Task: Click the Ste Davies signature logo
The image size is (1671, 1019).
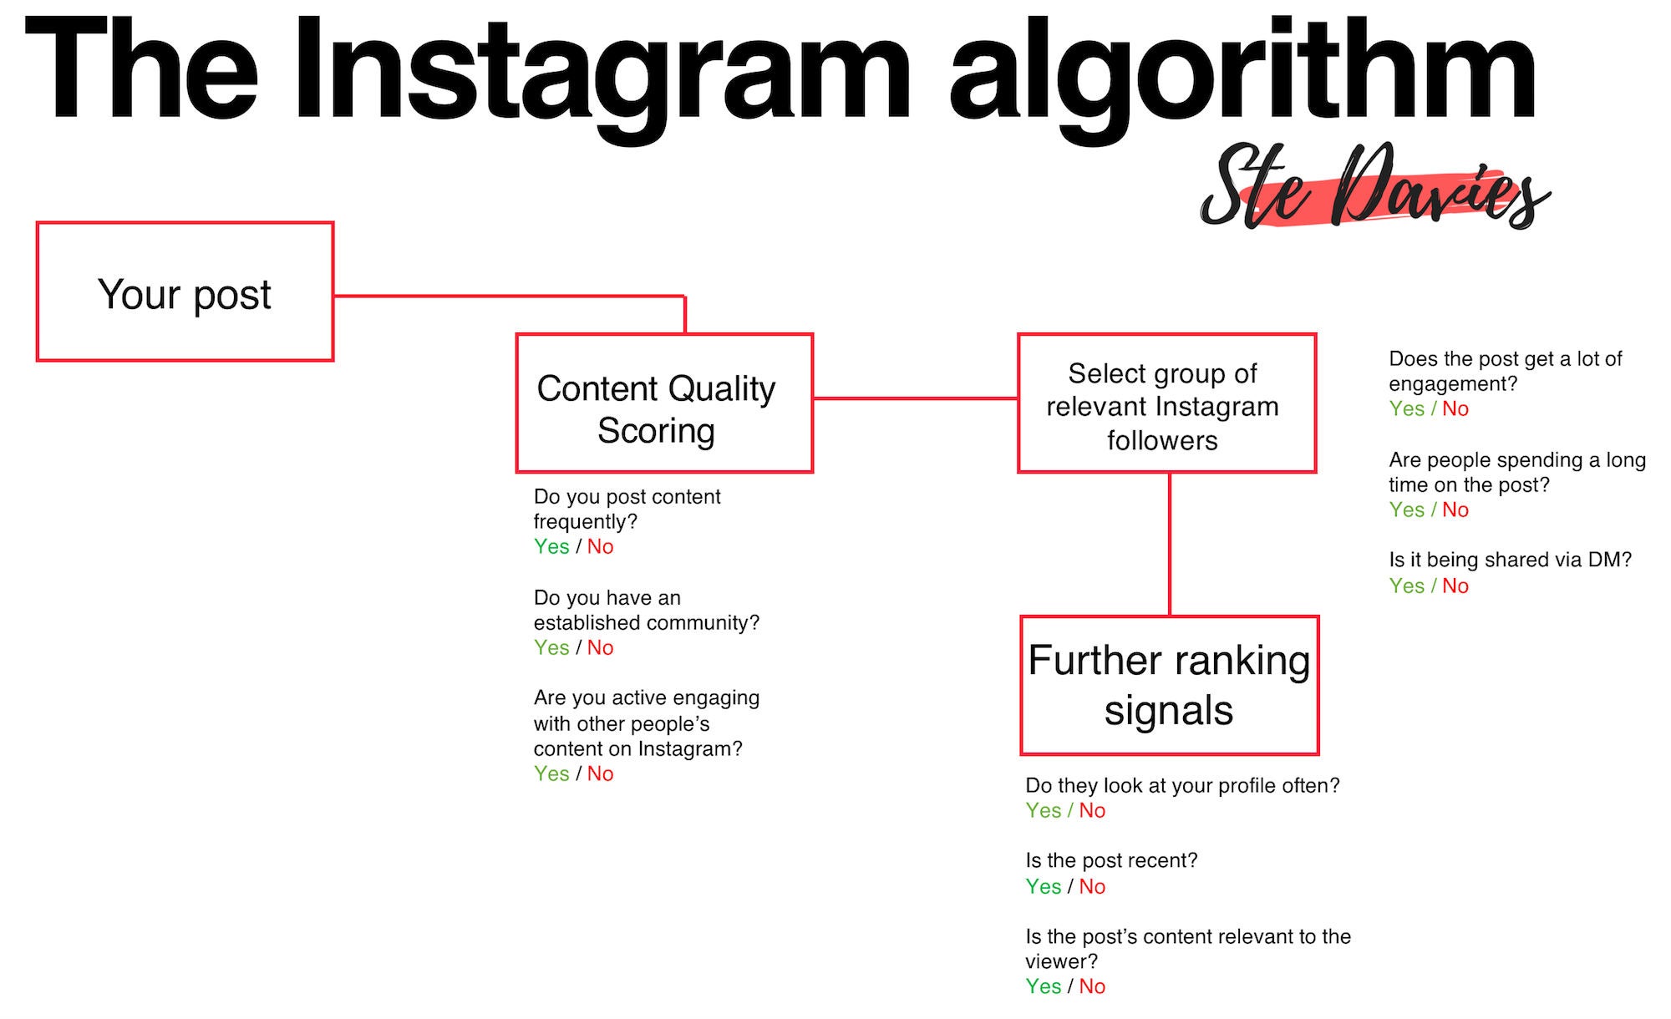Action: click(1374, 188)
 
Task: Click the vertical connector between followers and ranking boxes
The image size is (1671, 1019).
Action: click(1170, 545)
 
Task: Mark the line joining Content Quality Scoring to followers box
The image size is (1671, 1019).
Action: click(916, 398)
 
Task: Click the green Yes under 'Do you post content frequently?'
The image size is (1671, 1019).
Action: click(551, 546)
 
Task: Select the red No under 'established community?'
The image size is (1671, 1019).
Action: click(600, 647)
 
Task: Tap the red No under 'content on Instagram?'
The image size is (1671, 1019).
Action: click(600, 773)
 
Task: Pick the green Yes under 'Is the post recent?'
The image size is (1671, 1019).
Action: click(1044, 886)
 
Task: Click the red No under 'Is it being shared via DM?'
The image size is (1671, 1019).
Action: click(1455, 586)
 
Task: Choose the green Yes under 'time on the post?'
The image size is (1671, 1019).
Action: click(1407, 510)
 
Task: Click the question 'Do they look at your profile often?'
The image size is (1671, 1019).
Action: click(1182, 786)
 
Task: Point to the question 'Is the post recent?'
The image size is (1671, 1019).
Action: click(1111, 860)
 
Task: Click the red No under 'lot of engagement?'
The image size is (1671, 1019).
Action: click(1455, 408)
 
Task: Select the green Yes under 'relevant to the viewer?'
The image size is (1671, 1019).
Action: click(1044, 986)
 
